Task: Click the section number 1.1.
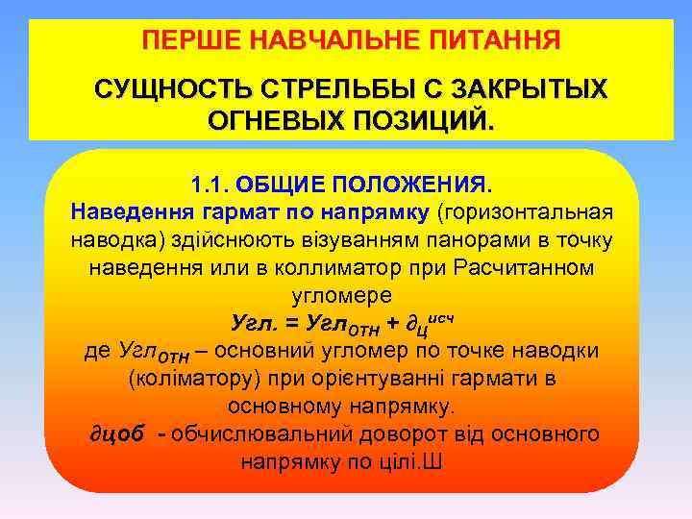click(207, 183)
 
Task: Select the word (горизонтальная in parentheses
click(526, 210)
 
